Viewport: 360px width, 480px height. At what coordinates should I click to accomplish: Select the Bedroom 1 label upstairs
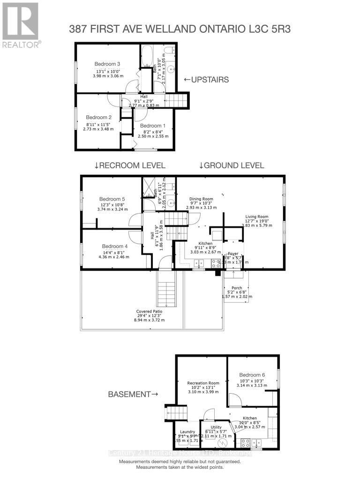[x=153, y=126]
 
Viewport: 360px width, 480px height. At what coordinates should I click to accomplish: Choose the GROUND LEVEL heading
[x=232, y=165]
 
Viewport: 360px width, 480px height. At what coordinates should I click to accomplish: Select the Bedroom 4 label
[x=114, y=246]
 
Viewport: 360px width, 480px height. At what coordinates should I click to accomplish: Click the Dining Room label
[x=201, y=199]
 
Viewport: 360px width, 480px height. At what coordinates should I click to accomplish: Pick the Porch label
[x=237, y=288]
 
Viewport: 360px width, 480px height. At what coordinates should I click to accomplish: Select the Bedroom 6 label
[x=252, y=375]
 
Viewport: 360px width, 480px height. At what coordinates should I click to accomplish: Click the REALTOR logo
[x=20, y=24]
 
